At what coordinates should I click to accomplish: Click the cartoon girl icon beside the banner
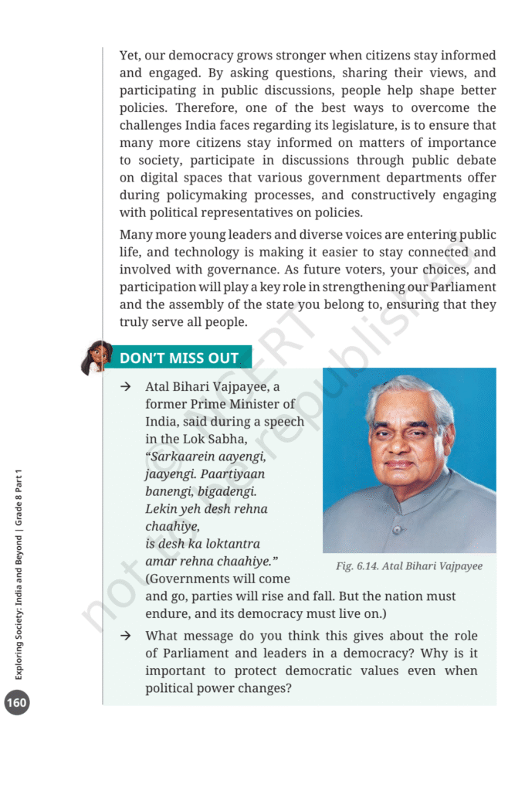(x=97, y=357)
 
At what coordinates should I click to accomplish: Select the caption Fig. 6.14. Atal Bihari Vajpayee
(x=409, y=566)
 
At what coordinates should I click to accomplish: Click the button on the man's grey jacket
(x=396, y=530)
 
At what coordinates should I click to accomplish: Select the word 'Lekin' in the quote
(x=163, y=508)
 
